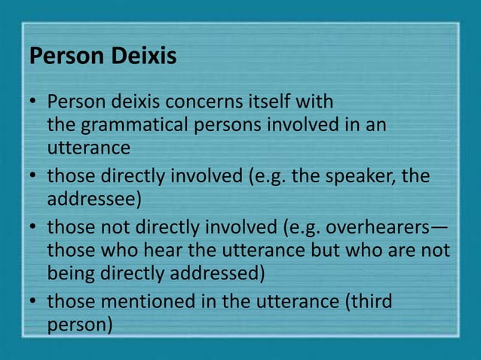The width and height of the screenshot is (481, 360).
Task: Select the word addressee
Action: [84, 201]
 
